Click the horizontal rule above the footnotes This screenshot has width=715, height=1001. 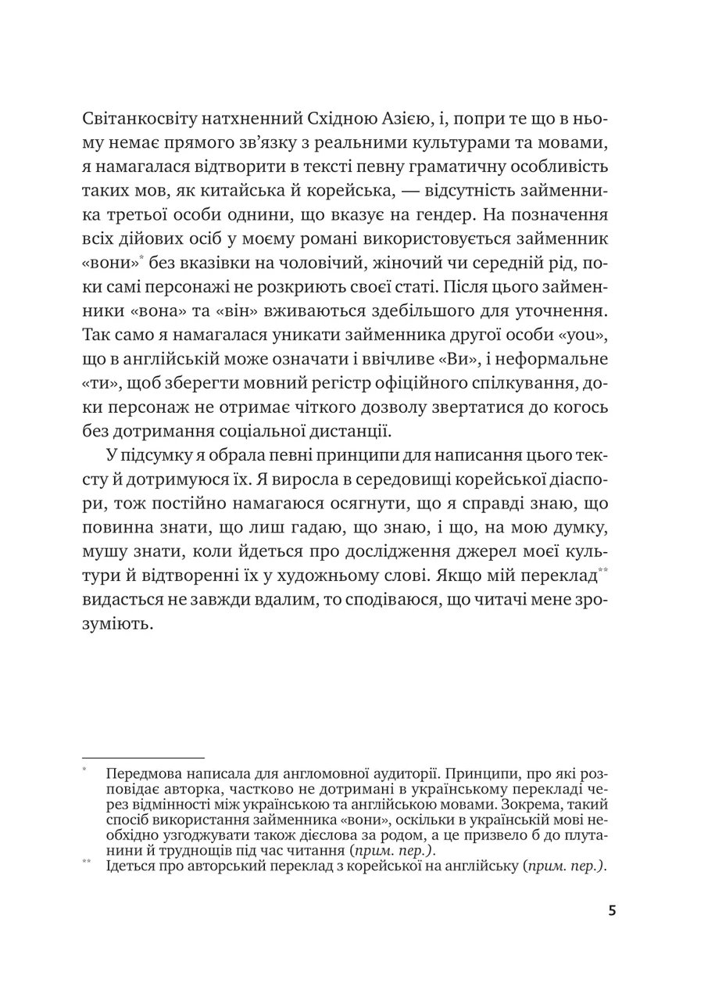point(143,757)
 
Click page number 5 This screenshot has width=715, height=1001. point(612,912)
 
